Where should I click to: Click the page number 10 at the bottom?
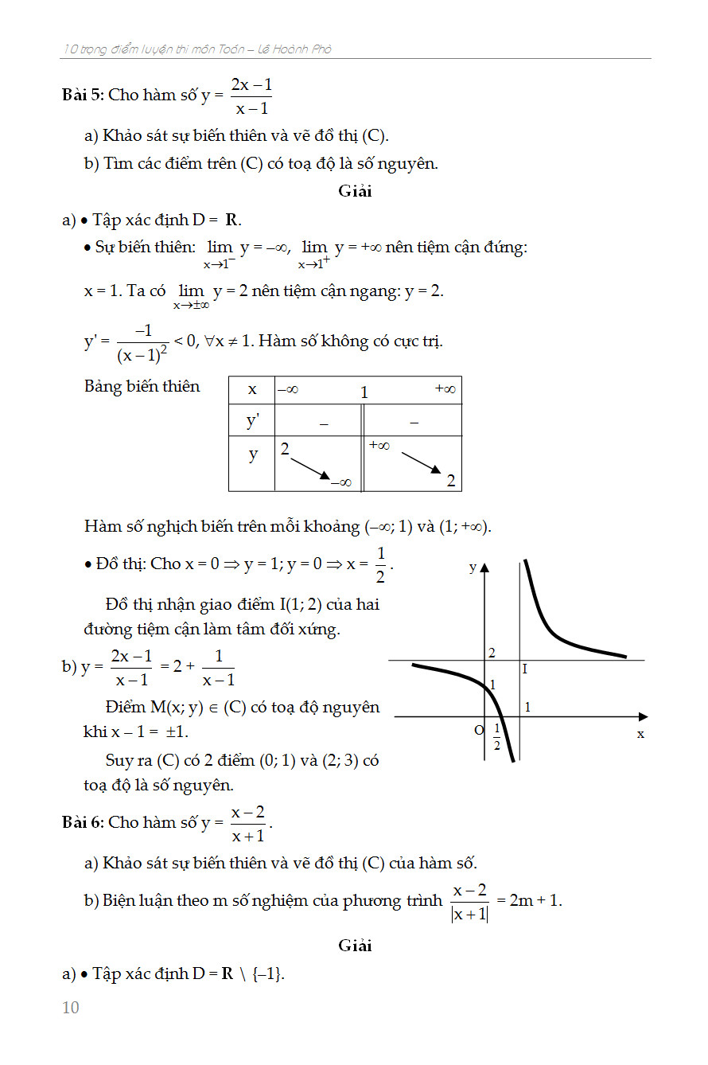pos(71,1008)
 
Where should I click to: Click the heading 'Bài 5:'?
pos(83,95)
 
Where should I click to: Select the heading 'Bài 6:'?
pos(83,822)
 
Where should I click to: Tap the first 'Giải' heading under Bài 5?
pos(355,191)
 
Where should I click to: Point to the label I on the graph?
pos(525,669)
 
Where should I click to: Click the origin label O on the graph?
pos(479,730)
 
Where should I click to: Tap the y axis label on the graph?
pos(473,568)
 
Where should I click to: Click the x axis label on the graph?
pos(640,734)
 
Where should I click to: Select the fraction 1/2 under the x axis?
pos(496,737)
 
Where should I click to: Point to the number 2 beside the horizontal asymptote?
pos(492,653)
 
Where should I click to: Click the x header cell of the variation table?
pos(252,389)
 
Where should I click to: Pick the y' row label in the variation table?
pos(252,421)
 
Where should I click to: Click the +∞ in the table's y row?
pos(379,446)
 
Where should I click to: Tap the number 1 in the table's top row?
pos(364,392)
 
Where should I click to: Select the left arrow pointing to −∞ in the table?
pos(310,467)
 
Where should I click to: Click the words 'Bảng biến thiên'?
pos(142,387)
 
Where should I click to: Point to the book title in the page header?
pos(197,49)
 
